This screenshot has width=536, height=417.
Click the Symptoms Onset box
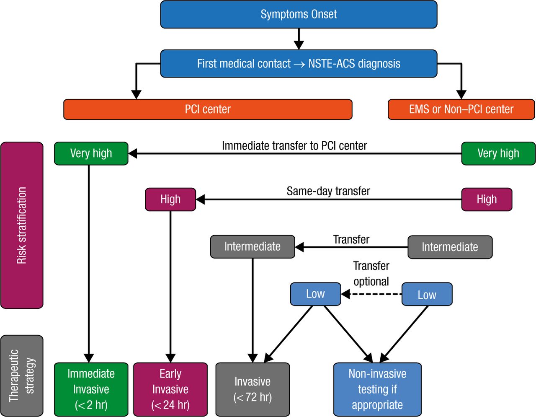299,14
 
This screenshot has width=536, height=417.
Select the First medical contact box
299,64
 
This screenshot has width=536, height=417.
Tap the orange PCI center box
208,109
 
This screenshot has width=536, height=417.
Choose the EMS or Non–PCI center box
461,109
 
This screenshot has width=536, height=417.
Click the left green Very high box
91,153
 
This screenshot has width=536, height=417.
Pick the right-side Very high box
498,153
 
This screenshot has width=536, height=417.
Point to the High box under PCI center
170,199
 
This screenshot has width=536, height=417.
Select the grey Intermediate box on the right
450,247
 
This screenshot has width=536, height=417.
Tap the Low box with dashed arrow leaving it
427,294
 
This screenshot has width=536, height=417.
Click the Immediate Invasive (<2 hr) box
91,389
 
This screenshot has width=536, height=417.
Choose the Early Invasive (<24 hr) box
170,389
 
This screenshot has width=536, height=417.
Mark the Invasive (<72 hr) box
253,389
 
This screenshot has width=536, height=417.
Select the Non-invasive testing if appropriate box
377,389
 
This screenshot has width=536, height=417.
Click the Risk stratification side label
22,225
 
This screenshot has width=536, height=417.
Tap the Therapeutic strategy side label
22,376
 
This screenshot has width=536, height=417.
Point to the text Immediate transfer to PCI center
294,146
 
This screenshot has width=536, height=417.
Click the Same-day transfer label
328,192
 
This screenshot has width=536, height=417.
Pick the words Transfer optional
371,274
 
